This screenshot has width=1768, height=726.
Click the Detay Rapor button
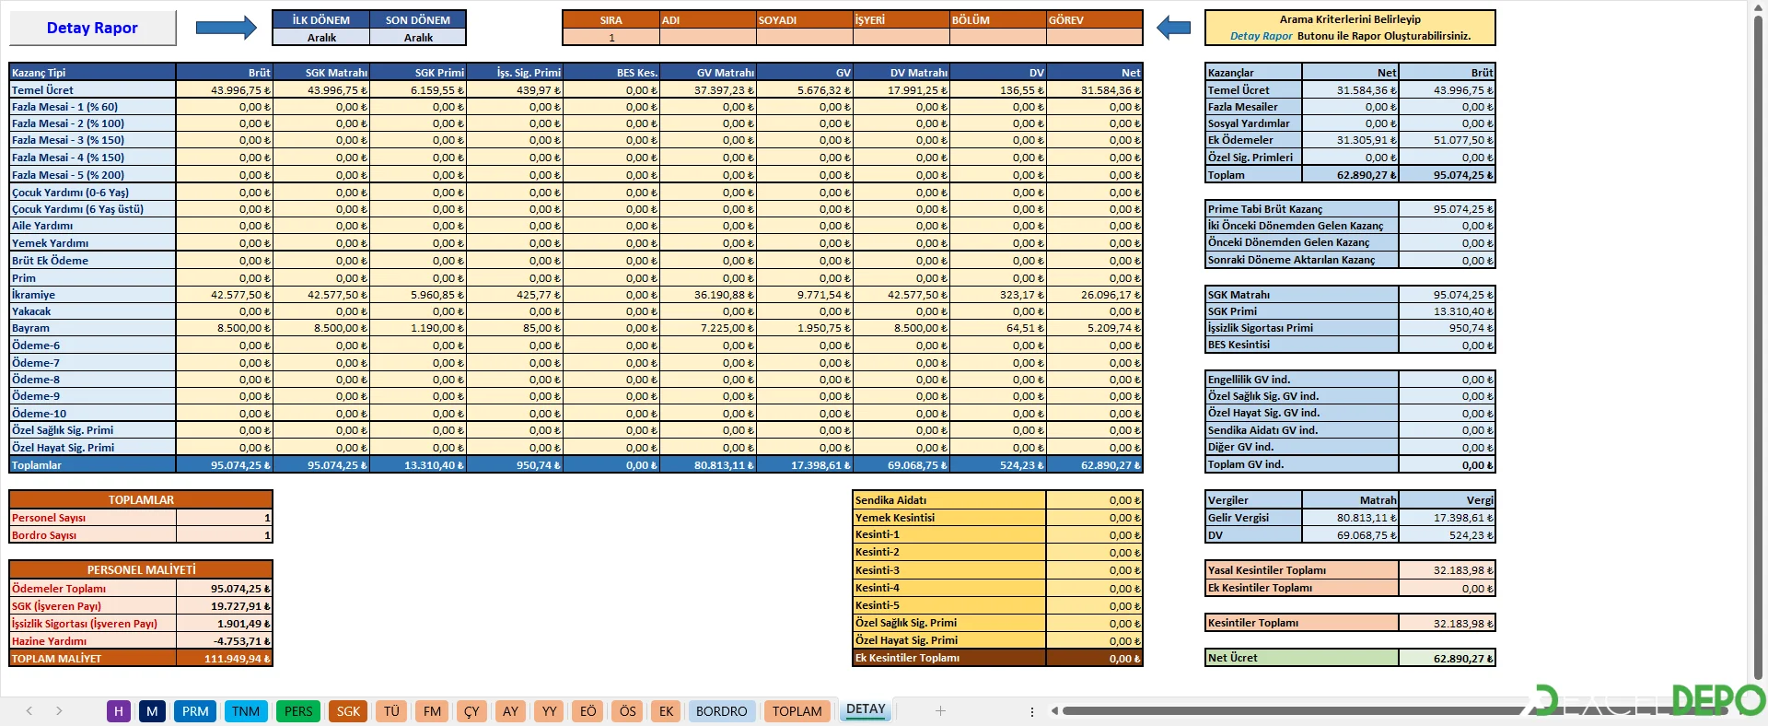92,28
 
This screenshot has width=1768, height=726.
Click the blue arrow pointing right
226,28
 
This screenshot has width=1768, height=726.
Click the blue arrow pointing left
1173,28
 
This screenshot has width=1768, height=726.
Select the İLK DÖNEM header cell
320,19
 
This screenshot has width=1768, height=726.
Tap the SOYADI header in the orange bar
804,19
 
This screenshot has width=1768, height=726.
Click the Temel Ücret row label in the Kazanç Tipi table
43,90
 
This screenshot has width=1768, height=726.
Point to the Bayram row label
31,328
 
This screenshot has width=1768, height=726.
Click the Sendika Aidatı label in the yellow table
891,500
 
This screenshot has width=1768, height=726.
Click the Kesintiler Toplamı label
1253,623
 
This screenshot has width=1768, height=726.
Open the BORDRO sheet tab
721,711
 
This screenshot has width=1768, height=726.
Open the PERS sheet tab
298,711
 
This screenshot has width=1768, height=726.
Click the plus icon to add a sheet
940,711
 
